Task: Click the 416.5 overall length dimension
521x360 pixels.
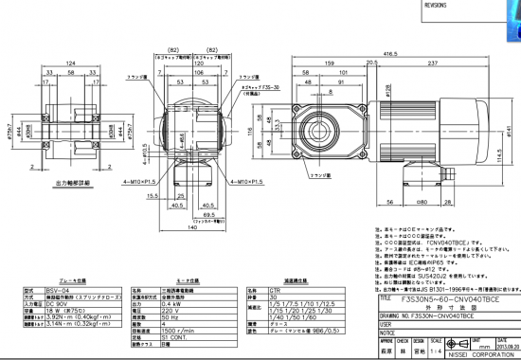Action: coord(389,53)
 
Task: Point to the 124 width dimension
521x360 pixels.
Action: coord(70,64)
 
